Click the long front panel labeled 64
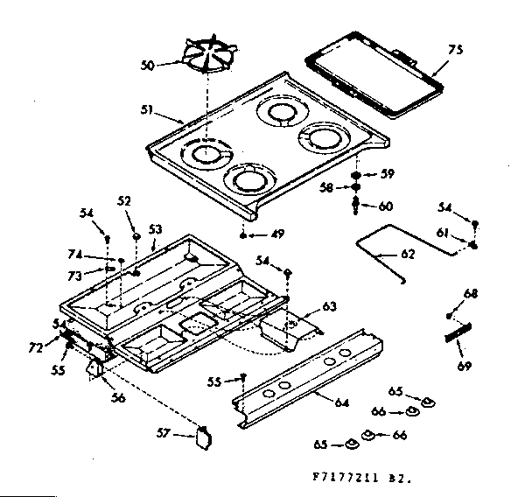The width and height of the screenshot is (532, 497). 306,380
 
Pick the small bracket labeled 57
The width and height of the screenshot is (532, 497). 205,436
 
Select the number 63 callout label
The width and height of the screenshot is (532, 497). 329,306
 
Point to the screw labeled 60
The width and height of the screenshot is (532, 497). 357,206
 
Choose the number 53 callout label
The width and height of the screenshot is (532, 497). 155,229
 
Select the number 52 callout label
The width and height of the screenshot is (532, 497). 123,201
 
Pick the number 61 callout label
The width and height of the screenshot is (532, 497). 442,233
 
